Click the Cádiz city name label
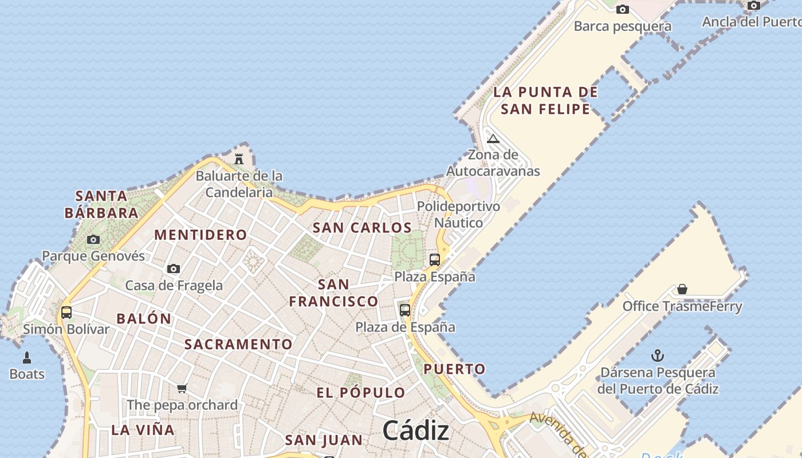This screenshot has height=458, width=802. point(415,430)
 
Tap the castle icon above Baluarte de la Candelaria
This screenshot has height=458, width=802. point(239,159)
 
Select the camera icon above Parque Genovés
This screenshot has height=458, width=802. point(93,239)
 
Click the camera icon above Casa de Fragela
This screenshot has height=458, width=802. point(174,269)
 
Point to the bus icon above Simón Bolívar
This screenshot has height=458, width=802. point(66,313)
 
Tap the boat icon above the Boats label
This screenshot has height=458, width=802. point(26,358)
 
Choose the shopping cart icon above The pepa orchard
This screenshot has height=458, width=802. point(182,389)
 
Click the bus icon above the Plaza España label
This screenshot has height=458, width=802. point(435,260)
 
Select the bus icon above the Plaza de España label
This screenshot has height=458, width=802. point(405,310)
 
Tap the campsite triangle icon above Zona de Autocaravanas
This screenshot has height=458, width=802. point(493,139)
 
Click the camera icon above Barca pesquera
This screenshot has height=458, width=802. point(623,9)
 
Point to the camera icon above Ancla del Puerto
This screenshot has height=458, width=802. point(754,6)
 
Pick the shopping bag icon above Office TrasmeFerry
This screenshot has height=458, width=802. point(682,289)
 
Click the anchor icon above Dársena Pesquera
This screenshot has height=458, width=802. point(658,356)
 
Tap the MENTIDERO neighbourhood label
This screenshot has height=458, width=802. point(200,235)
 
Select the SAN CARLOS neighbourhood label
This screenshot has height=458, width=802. point(362,228)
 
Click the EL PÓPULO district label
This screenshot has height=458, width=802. point(361,393)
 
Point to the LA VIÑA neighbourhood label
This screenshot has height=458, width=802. point(143,430)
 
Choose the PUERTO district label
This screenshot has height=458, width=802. point(454,369)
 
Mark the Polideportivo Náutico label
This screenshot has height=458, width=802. point(458,214)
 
